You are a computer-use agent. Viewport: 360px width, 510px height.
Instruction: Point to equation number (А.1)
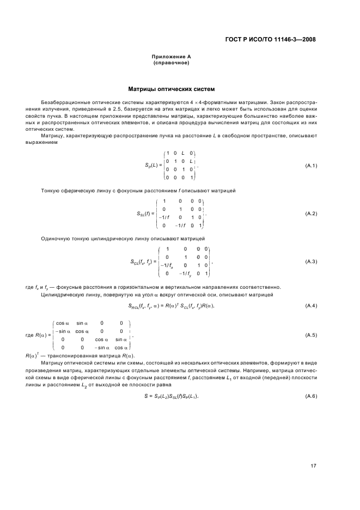[x=310, y=166]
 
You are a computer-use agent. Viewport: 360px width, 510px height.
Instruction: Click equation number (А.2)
[x=310, y=213]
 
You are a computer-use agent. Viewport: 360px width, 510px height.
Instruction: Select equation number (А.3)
[x=310, y=262]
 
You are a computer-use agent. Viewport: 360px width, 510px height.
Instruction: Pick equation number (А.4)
[x=310, y=305]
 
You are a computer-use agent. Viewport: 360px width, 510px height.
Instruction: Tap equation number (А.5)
[x=310, y=335]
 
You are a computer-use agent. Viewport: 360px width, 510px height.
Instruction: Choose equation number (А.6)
[x=310, y=395]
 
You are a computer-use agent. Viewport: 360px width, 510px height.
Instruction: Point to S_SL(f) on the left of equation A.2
[x=144, y=214]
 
